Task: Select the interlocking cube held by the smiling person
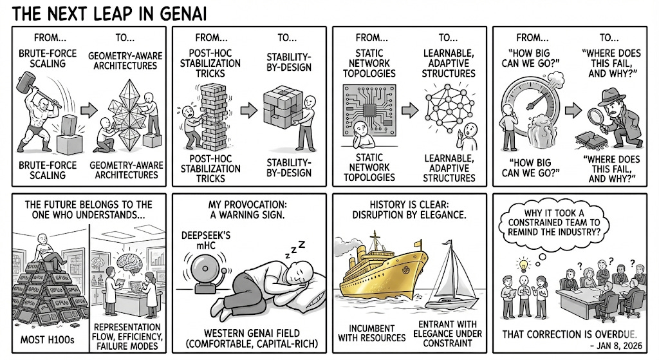[281, 108]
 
